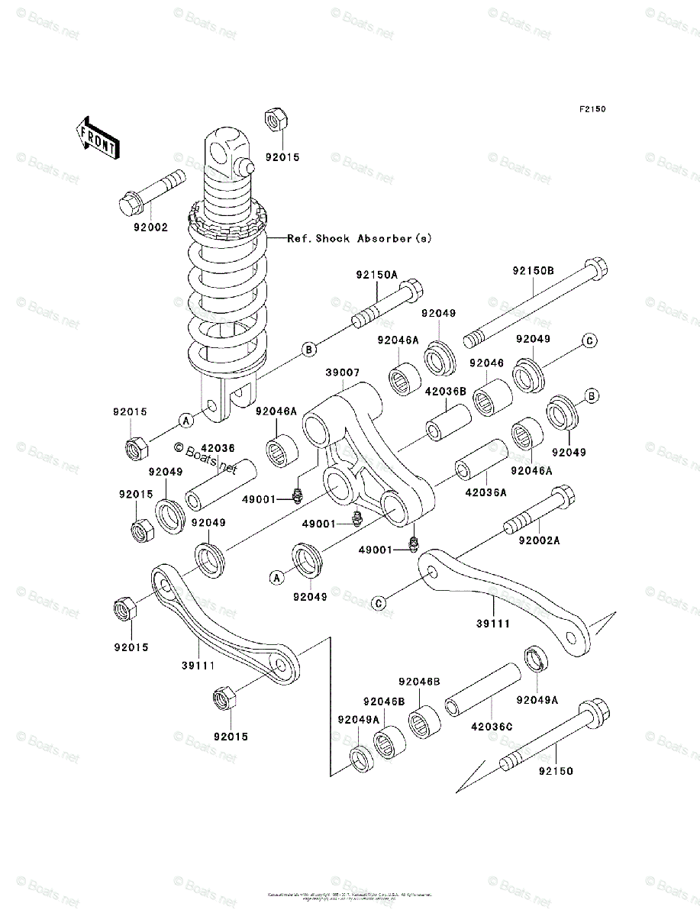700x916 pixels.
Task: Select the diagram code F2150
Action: click(x=592, y=110)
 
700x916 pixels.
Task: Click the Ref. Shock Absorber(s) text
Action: click(x=360, y=238)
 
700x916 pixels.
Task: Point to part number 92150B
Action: click(x=533, y=271)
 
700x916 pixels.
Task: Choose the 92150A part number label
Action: click(x=376, y=274)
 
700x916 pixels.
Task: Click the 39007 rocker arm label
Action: click(x=343, y=372)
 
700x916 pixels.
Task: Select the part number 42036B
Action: click(x=445, y=391)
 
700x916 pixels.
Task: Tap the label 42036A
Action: click(x=486, y=492)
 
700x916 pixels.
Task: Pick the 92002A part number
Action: click(x=540, y=540)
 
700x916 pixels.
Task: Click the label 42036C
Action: click(x=492, y=726)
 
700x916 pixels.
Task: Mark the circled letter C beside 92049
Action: click(x=589, y=340)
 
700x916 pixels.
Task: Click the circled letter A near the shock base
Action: click(x=185, y=419)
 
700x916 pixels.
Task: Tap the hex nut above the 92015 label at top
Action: click(x=275, y=120)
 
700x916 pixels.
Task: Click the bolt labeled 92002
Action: click(x=153, y=192)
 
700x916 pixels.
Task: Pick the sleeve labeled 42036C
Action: click(x=484, y=690)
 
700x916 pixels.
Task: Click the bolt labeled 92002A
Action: click(x=539, y=511)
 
